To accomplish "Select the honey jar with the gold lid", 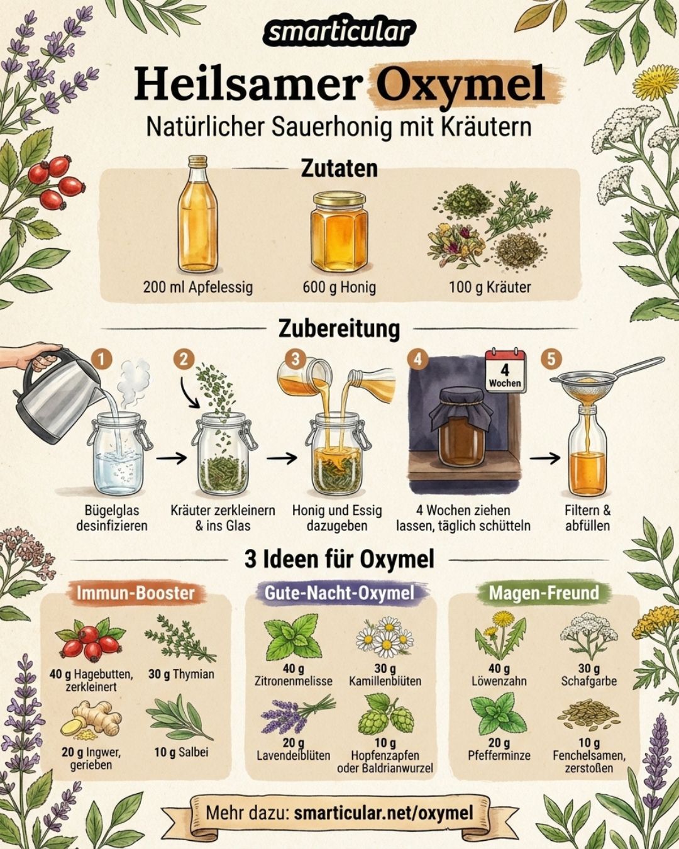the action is point(339,231).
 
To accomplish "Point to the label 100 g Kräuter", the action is point(490,287).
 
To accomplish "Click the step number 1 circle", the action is point(102,360).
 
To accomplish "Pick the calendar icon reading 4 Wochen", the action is point(505,370).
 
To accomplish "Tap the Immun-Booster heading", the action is point(135,592).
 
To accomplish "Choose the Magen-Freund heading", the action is point(544,592).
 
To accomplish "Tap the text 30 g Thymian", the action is point(181,674).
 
